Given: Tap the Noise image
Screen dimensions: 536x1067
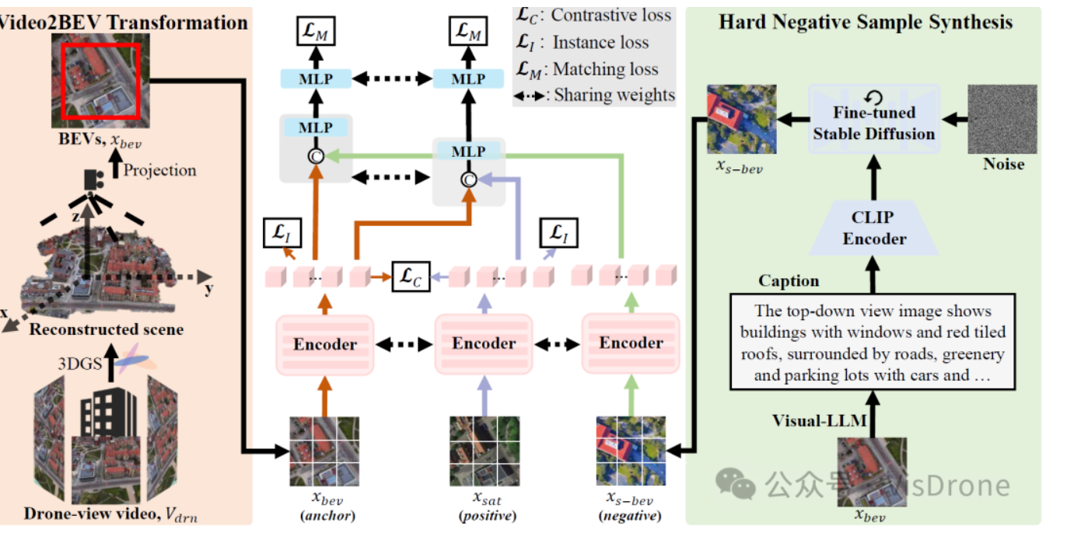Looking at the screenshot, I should click(1003, 120).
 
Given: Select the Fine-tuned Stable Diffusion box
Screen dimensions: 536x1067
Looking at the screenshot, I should click(874, 123).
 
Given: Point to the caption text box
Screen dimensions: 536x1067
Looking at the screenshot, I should click(873, 343).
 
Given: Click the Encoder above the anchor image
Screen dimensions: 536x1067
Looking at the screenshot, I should click(324, 344).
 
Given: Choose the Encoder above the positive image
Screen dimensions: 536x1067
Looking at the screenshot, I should click(484, 343).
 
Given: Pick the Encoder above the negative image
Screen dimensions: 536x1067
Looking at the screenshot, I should click(631, 343).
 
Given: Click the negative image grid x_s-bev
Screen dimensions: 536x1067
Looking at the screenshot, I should click(631, 451).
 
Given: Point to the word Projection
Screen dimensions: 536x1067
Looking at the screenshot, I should click(160, 170).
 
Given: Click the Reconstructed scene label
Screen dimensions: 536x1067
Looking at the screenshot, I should click(107, 329).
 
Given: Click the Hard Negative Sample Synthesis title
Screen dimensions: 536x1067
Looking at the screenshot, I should click(866, 22).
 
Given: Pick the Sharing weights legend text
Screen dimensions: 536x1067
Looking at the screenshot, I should click(614, 96).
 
